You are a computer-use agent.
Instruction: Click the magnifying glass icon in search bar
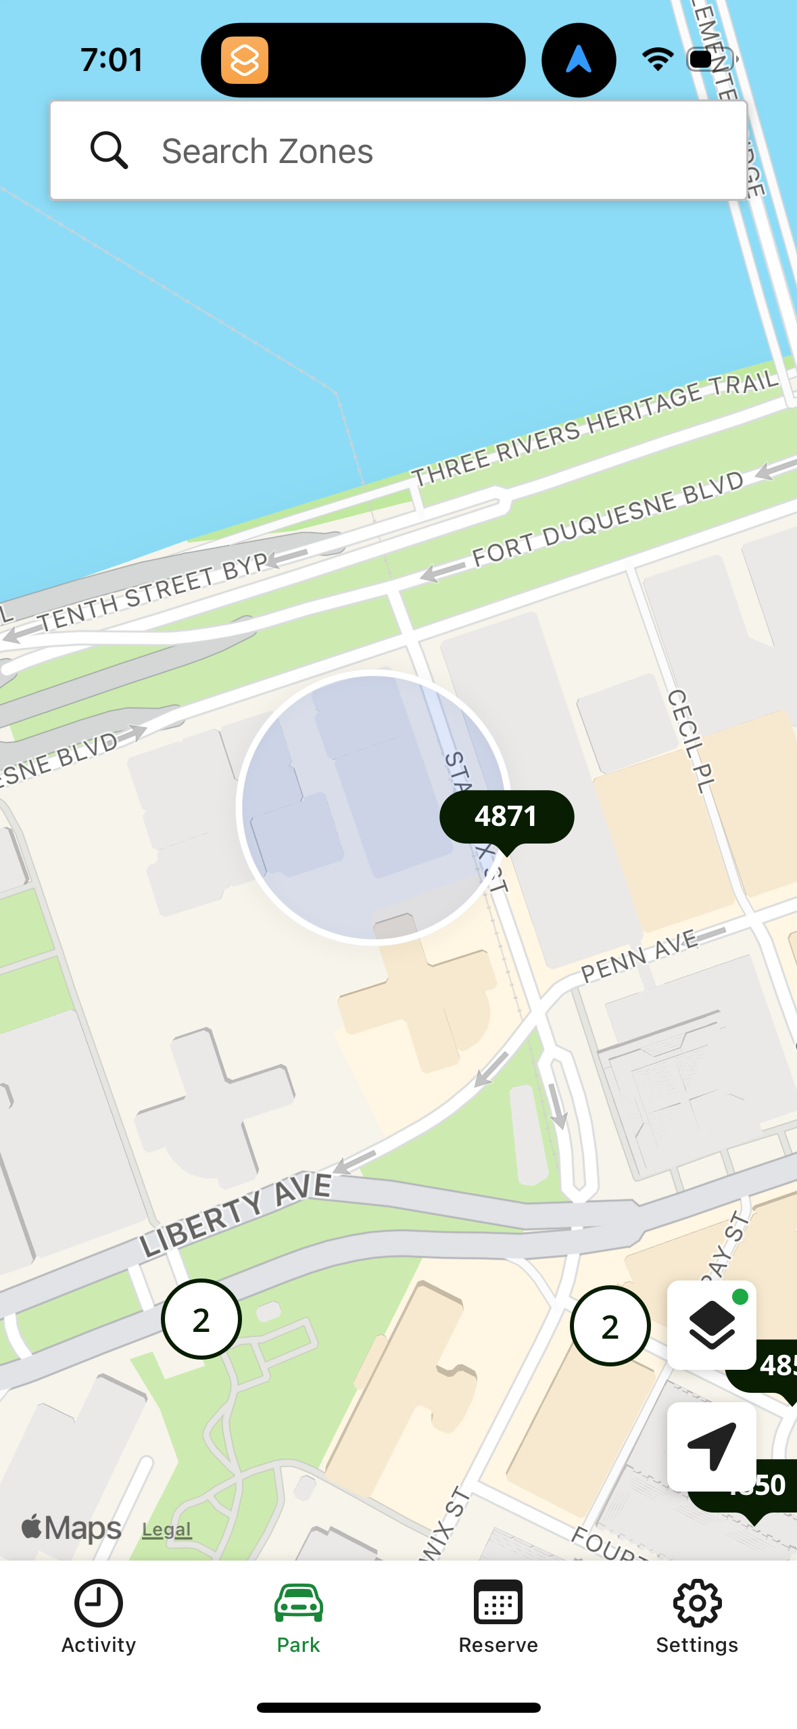coord(109,150)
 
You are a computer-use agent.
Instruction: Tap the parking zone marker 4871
coord(506,816)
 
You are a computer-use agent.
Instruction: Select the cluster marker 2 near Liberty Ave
coord(201,1319)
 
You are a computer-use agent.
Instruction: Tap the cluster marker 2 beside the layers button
coord(610,1326)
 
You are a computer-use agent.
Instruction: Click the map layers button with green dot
coord(711,1324)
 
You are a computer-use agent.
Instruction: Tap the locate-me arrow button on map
coord(711,1446)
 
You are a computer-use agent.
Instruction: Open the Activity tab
coord(99,1617)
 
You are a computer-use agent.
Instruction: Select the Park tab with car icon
coord(298,1617)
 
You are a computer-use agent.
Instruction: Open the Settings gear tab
coord(697,1617)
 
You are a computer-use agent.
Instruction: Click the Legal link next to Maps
coord(166,1529)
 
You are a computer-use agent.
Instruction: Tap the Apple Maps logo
coord(72,1528)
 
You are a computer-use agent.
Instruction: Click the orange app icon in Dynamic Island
coord(244,60)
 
